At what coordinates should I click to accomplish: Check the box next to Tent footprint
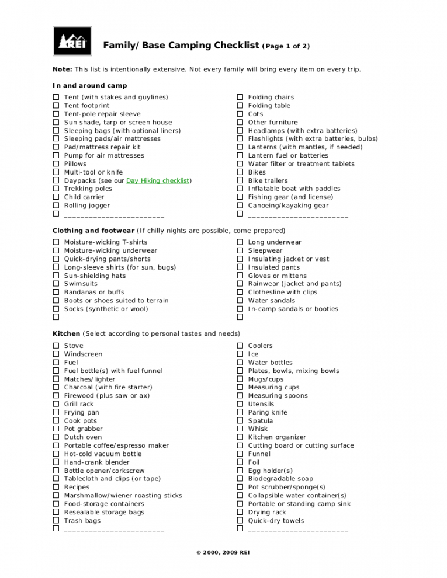tap(56, 106)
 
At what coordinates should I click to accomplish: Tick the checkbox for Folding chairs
tap(240, 98)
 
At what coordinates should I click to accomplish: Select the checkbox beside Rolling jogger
tap(56, 206)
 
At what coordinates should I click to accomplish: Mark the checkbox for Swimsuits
tap(56, 284)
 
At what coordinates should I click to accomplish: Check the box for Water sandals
tap(240, 301)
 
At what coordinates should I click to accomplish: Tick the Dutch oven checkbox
tap(56, 437)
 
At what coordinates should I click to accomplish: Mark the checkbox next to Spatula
tap(240, 421)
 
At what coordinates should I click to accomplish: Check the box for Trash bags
tap(56, 521)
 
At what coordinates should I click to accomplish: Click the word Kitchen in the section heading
tap(66, 334)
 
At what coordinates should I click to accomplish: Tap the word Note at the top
tap(62, 69)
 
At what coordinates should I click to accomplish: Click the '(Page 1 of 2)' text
tap(286, 46)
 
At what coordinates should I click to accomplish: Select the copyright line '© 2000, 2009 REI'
tap(223, 553)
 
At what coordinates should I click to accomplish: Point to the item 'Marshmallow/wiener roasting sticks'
tap(123, 496)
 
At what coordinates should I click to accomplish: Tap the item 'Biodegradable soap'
tap(280, 479)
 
